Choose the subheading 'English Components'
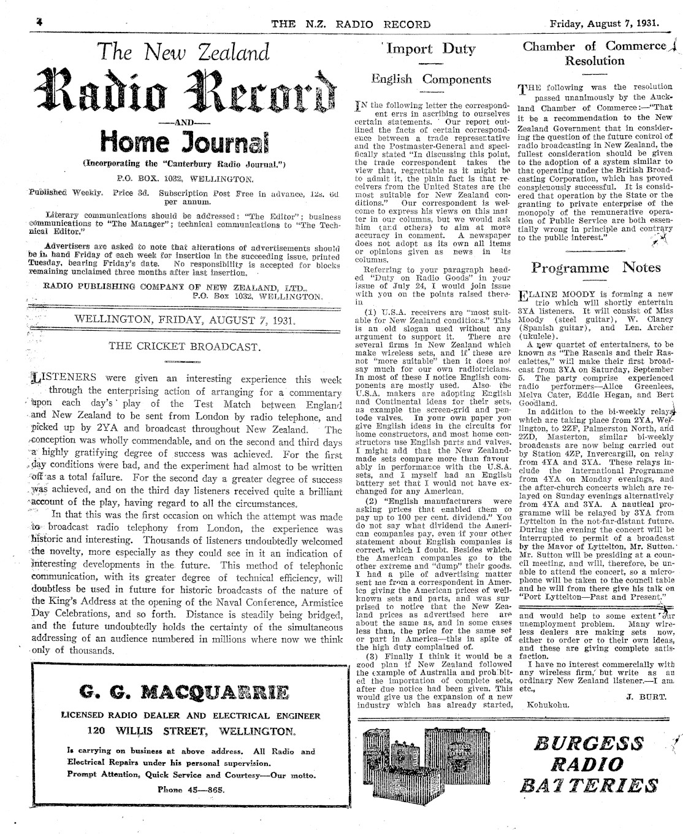(x=431, y=79)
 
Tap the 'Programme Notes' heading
(x=595, y=268)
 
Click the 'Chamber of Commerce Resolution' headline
(x=595, y=53)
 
